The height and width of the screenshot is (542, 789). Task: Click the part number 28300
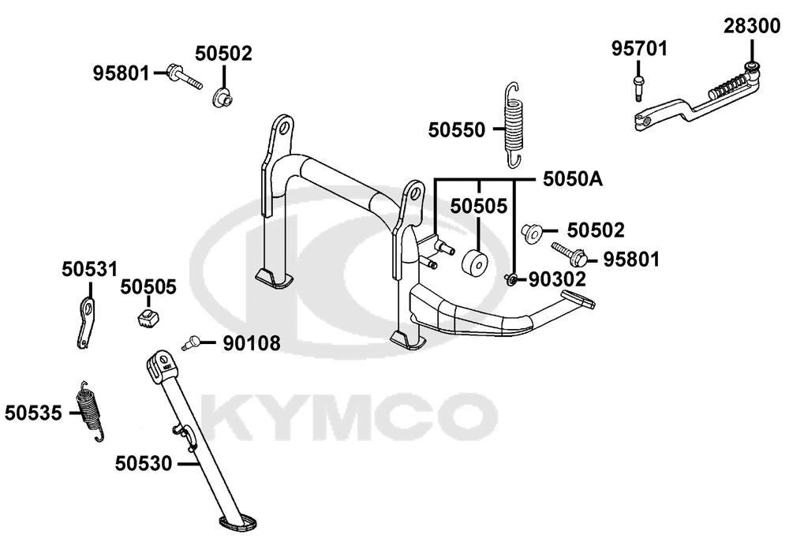click(752, 26)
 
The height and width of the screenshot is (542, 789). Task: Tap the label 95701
click(639, 49)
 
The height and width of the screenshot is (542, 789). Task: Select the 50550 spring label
click(456, 130)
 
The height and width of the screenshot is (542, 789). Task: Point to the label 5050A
click(573, 179)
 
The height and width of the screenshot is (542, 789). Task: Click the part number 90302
click(557, 279)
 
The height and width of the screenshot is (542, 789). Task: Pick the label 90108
click(252, 344)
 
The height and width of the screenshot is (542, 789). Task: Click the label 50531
click(90, 269)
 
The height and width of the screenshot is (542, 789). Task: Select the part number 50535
click(33, 413)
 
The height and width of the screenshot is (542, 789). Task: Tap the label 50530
click(144, 463)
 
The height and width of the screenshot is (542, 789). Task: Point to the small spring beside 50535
click(91, 411)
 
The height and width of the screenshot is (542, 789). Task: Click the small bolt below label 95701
click(638, 87)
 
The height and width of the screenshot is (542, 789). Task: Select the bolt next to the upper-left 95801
click(184, 77)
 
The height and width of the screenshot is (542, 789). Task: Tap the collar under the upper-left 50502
click(222, 98)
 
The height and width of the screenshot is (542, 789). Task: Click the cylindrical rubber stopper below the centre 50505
click(474, 262)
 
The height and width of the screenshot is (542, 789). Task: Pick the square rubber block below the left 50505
click(148, 318)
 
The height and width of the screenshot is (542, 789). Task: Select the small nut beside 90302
click(511, 278)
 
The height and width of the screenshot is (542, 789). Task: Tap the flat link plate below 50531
click(85, 323)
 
